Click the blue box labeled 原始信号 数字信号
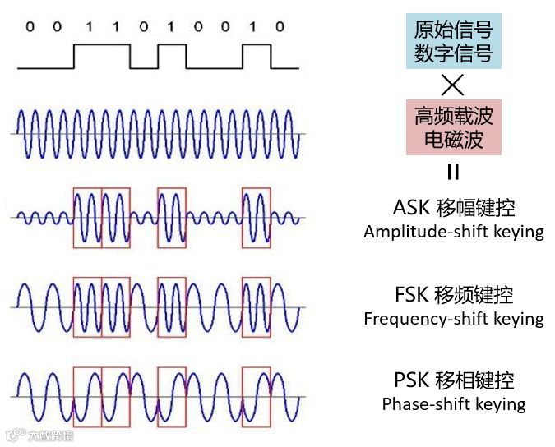point(453,44)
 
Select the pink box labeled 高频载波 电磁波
point(453,127)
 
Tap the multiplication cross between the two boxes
point(453,85)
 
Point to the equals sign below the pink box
point(453,172)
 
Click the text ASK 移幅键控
point(453,206)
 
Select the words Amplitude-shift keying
point(453,232)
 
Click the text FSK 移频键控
point(453,294)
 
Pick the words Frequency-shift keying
point(453,319)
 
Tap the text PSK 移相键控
point(453,380)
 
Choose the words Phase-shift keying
point(453,404)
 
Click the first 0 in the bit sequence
point(30,27)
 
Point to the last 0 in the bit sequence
point(280,27)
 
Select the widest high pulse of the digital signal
point(101,56)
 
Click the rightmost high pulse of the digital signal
point(256,56)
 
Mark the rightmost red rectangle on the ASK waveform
point(256,218)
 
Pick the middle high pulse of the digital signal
point(172,56)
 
